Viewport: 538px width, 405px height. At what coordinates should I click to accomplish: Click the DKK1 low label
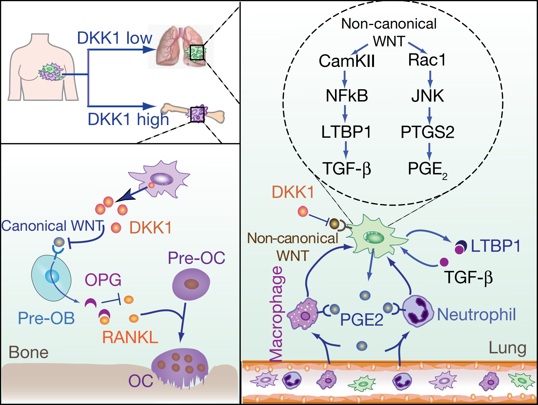pyautogui.click(x=115, y=38)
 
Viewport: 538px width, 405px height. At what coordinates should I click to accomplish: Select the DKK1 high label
pyautogui.click(x=128, y=120)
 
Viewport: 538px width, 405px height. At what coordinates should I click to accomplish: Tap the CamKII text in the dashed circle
pyautogui.click(x=347, y=61)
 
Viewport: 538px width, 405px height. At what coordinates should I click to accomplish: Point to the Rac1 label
pyautogui.click(x=427, y=60)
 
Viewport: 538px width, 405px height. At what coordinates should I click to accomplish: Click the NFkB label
pyautogui.click(x=347, y=96)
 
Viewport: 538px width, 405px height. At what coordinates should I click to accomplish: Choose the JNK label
pyautogui.click(x=428, y=96)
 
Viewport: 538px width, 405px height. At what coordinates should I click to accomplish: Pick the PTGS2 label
pyautogui.click(x=427, y=132)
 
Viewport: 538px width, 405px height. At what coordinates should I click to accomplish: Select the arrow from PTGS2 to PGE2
pyautogui.click(x=429, y=151)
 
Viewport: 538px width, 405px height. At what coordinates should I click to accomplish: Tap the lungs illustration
pyautogui.click(x=181, y=47)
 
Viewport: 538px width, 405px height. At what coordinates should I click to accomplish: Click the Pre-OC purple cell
pyautogui.click(x=191, y=284)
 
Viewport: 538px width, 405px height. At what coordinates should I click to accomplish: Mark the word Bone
pyautogui.click(x=29, y=352)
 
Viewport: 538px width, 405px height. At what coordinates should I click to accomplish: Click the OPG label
pyautogui.click(x=103, y=280)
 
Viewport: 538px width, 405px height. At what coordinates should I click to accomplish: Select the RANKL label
pyautogui.click(x=130, y=337)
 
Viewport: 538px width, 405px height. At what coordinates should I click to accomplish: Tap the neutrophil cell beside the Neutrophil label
pyautogui.click(x=418, y=311)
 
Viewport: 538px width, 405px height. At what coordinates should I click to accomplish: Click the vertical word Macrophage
pyautogui.click(x=276, y=314)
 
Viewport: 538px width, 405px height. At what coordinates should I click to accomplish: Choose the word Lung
pyautogui.click(x=507, y=348)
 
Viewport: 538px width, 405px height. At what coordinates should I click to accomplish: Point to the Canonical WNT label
pyautogui.click(x=53, y=226)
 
